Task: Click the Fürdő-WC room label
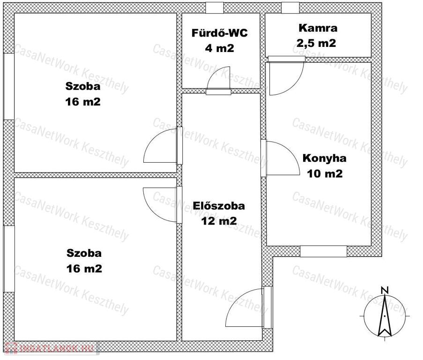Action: click(x=219, y=33)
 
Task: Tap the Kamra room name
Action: click(x=318, y=28)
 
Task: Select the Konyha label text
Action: click(x=324, y=158)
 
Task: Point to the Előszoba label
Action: click(x=219, y=206)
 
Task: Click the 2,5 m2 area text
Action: click(x=316, y=43)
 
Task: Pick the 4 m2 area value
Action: click(x=219, y=48)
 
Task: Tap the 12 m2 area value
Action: click(x=219, y=221)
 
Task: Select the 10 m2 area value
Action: click(x=325, y=173)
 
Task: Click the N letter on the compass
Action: click(x=385, y=290)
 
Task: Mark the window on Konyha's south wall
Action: click(x=323, y=251)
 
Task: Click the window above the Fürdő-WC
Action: click(x=215, y=7)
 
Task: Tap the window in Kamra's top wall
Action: click(x=290, y=7)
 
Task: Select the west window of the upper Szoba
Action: click(x=8, y=86)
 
